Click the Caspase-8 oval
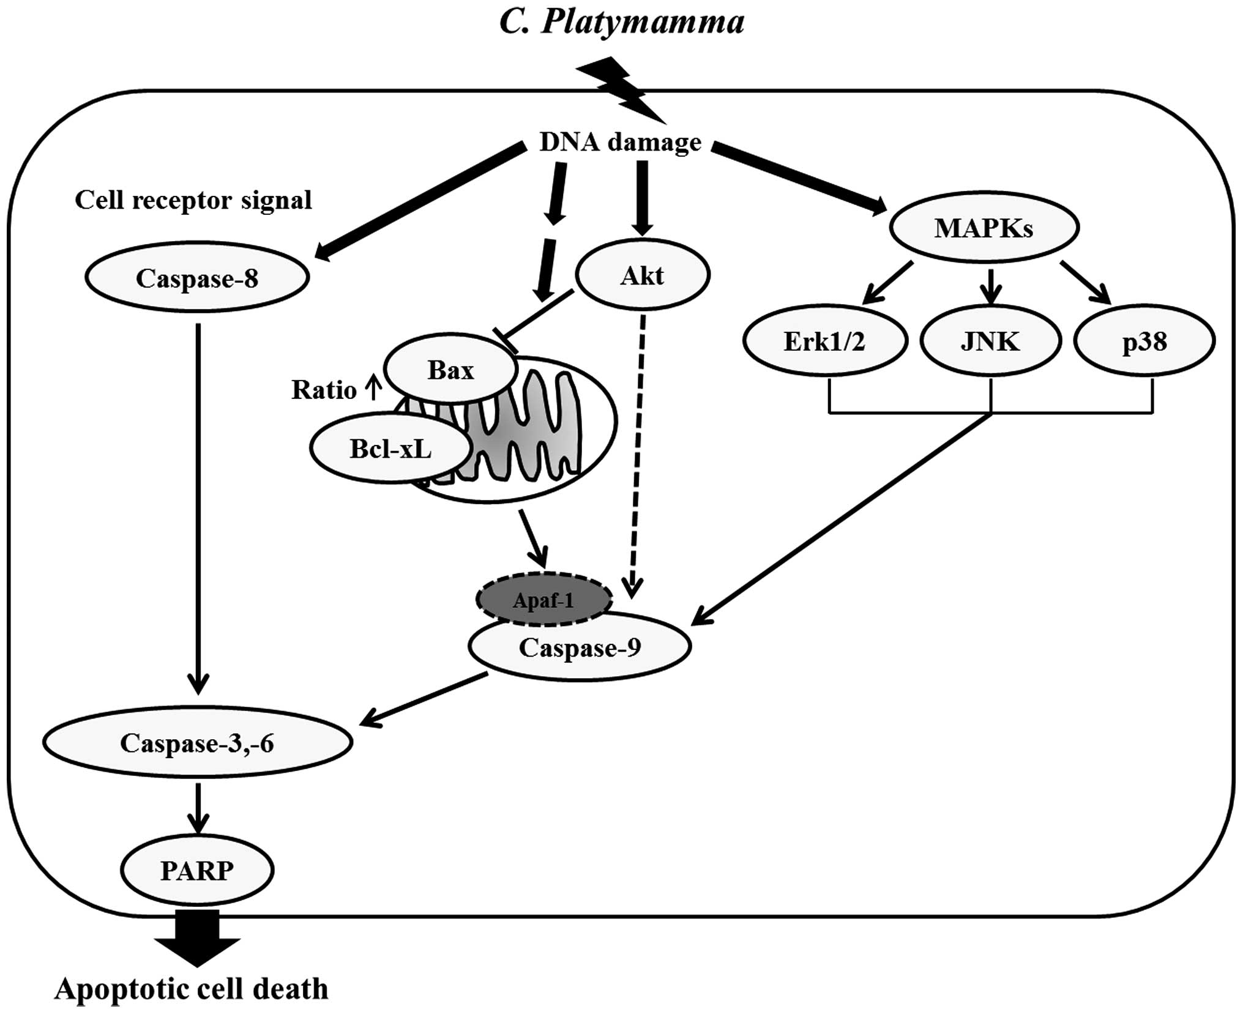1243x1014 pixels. [x=197, y=278]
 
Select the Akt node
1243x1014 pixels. [x=642, y=275]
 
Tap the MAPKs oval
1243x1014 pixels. [x=984, y=228]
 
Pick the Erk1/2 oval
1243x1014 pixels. [x=824, y=341]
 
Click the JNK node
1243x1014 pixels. [x=990, y=341]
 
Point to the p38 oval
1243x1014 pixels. [x=1144, y=341]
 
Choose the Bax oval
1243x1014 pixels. [x=450, y=370]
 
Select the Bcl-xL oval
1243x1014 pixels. [x=390, y=449]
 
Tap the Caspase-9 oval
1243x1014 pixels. [x=580, y=647]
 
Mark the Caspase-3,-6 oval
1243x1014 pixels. [x=197, y=743]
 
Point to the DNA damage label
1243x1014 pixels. [x=620, y=142]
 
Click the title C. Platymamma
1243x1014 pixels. [x=622, y=22]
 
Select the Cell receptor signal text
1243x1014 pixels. [x=193, y=200]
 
